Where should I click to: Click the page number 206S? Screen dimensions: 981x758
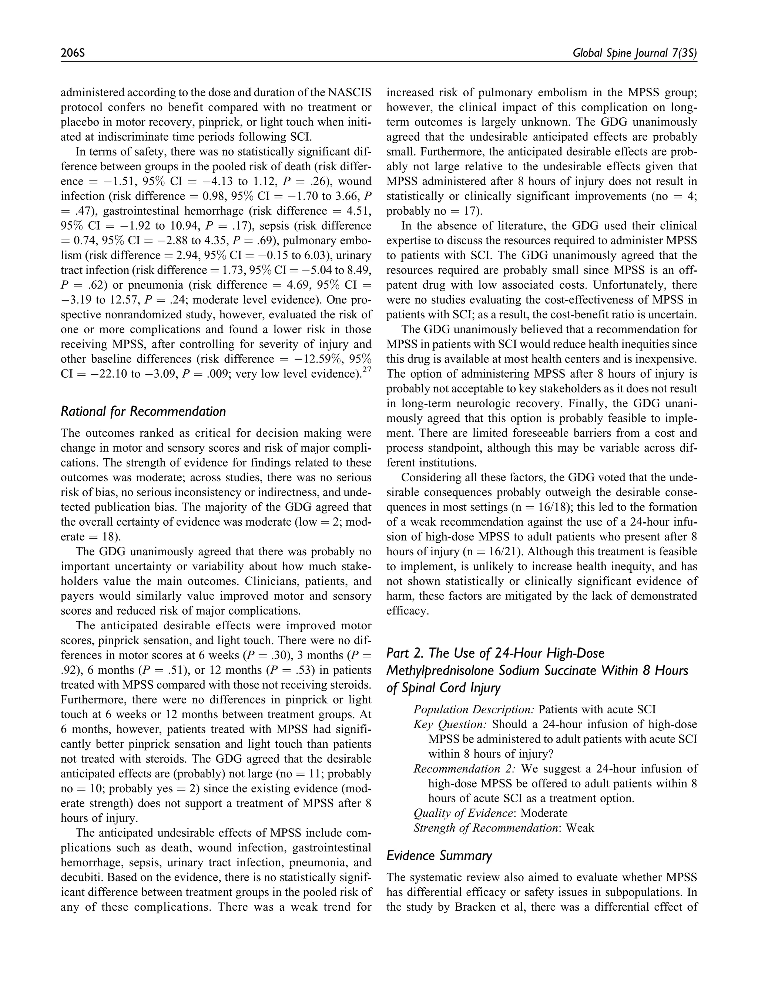pyautogui.click(x=73, y=53)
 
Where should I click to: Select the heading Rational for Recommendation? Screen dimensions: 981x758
pyautogui.click(x=143, y=411)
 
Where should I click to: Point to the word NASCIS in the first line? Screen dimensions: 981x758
pyautogui.click(x=349, y=93)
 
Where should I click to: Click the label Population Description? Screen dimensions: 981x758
pyautogui.click(x=474, y=709)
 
